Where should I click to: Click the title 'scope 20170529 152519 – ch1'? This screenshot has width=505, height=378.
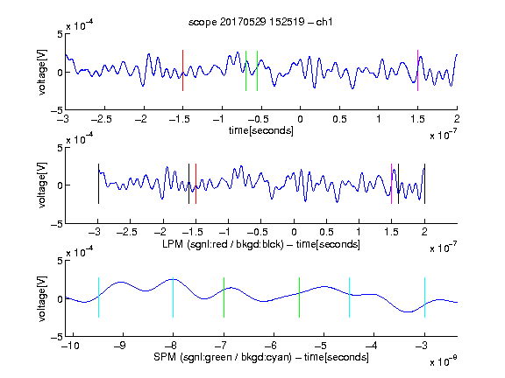(x=260, y=22)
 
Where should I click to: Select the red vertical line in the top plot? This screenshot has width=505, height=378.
(x=182, y=70)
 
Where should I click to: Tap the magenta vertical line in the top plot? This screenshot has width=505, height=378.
(x=417, y=70)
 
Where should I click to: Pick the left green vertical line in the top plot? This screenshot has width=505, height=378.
(x=245, y=71)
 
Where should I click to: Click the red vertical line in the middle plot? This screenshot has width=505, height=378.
(x=196, y=184)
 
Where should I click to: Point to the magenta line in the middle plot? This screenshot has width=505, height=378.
(x=391, y=184)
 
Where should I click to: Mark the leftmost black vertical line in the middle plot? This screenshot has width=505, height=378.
(x=98, y=184)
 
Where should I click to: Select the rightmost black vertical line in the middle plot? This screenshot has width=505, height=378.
(x=424, y=184)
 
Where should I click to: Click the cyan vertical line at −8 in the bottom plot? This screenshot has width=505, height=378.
(x=173, y=297)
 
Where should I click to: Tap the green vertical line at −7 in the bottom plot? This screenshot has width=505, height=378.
(x=224, y=297)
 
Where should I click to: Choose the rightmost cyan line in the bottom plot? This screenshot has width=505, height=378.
(x=424, y=297)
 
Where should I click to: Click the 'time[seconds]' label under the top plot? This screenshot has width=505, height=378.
(x=261, y=131)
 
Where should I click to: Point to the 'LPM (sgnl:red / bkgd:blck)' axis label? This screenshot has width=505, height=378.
(x=223, y=244)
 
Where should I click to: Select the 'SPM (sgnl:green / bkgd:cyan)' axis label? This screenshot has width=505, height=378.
(x=223, y=357)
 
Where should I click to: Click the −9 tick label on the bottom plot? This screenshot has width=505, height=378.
(x=120, y=346)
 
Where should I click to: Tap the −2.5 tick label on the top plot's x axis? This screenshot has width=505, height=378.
(x=102, y=119)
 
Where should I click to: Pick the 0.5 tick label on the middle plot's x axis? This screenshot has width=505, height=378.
(x=326, y=232)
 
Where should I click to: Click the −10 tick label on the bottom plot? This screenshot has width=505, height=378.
(x=70, y=346)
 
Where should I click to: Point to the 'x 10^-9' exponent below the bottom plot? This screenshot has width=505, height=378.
(x=443, y=361)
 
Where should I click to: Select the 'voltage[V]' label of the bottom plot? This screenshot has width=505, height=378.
(x=42, y=298)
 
